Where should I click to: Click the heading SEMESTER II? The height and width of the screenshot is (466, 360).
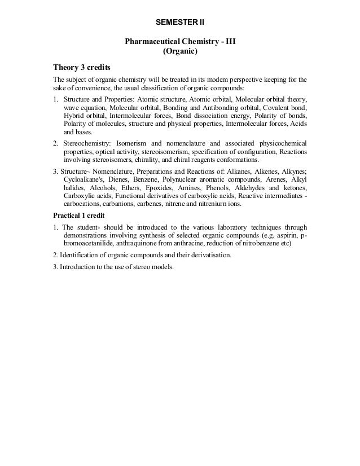(x=180, y=23)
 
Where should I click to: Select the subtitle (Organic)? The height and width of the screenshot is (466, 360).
(x=180, y=53)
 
